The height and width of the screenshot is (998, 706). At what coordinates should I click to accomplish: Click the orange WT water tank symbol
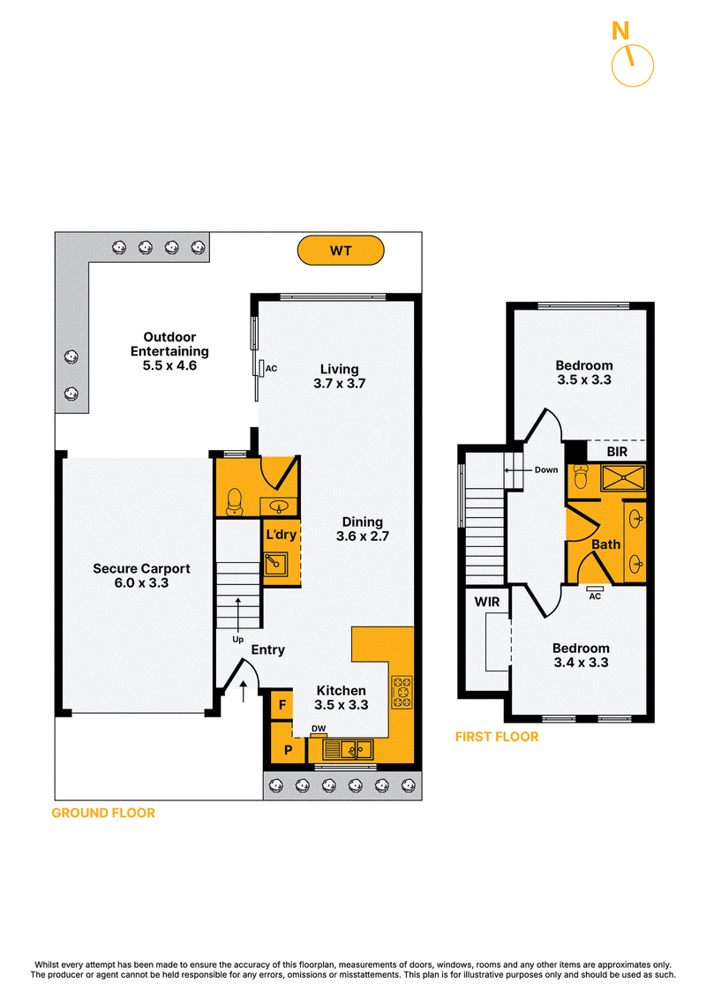tap(341, 250)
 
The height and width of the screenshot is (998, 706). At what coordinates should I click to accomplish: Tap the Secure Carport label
tap(141, 575)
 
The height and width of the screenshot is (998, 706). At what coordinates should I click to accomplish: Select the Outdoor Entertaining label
tap(169, 350)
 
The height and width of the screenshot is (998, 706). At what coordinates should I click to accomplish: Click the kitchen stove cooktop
tap(402, 693)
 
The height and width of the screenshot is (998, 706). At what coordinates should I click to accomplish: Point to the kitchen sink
tap(348, 749)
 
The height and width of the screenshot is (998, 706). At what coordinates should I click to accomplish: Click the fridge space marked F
tap(282, 704)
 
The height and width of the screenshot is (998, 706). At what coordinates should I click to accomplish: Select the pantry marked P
tap(288, 750)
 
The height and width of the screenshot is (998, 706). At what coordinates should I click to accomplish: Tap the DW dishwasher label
tap(319, 729)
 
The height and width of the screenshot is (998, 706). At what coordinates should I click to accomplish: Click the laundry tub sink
tap(275, 564)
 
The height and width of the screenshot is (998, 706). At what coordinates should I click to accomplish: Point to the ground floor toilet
tap(234, 501)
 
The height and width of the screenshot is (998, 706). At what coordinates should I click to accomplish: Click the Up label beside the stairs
tap(237, 639)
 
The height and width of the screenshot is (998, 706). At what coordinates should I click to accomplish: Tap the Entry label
tap(267, 649)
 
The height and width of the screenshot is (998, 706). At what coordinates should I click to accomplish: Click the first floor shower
tap(623, 478)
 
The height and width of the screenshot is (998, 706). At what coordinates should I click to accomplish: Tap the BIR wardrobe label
tap(617, 452)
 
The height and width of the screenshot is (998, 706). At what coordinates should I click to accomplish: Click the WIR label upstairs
tap(487, 602)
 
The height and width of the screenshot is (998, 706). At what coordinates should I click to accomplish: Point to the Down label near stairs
tap(546, 469)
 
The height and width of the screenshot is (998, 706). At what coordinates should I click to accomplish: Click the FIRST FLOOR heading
tap(497, 737)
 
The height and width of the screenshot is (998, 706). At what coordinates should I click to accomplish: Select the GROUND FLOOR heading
tap(103, 814)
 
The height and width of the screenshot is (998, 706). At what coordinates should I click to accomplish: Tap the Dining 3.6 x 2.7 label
tap(362, 529)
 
